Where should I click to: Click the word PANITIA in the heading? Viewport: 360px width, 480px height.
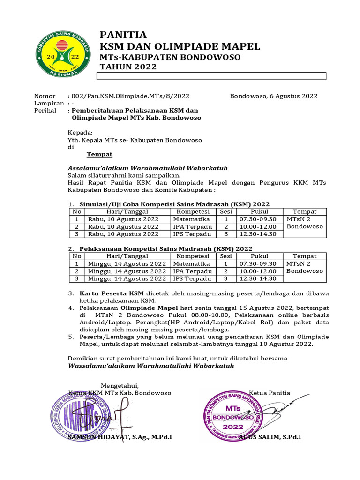(x=123, y=35)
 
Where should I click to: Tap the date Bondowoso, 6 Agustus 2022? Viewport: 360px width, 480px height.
(x=273, y=96)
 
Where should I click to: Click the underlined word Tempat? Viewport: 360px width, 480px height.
(x=99, y=154)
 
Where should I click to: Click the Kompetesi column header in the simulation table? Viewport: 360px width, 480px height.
(x=193, y=211)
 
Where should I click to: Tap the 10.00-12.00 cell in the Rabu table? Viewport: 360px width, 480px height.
(x=257, y=226)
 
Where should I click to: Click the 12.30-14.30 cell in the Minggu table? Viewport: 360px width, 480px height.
(x=258, y=278)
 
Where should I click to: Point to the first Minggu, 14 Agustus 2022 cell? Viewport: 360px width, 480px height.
(x=127, y=263)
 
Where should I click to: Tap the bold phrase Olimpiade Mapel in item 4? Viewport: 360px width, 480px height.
(x=145, y=308)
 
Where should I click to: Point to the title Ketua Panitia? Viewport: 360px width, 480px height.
(x=270, y=393)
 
